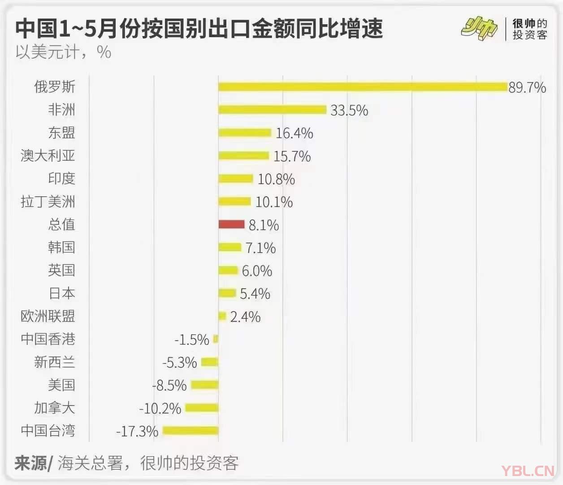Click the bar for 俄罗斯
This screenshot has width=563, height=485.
[363, 87]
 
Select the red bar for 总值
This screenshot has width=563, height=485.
[231, 224]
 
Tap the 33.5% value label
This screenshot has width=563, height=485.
[349, 110]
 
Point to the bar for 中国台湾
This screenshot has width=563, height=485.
[191, 431]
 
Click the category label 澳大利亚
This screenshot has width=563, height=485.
[48, 155]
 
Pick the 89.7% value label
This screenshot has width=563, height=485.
[527, 87]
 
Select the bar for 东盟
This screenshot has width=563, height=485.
[245, 132]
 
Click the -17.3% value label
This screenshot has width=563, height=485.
[137, 432]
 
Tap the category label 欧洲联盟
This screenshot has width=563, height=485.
[48, 316]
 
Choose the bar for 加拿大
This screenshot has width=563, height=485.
[202, 408]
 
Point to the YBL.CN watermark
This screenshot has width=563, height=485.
[528, 471]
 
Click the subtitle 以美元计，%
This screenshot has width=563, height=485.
[63, 52]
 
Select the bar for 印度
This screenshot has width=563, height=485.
[236, 178]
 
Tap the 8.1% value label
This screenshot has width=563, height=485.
[264, 225]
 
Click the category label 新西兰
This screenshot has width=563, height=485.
[55, 362]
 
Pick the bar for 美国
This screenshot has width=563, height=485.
[204, 385]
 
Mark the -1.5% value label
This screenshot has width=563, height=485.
[192, 339]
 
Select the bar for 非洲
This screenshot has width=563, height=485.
[272, 110]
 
